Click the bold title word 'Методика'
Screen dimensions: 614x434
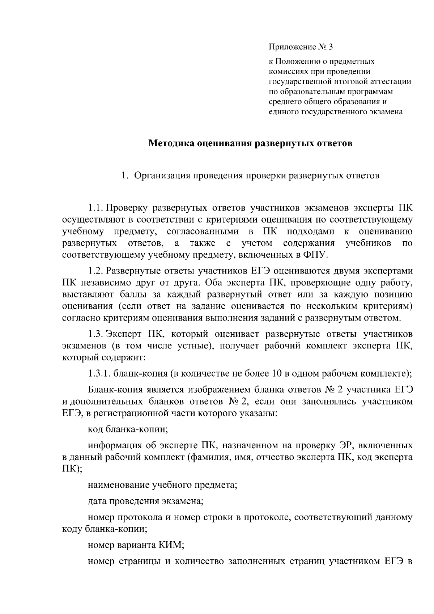pyautogui.click(x=170, y=144)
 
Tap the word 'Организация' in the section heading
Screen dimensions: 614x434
pyautogui.click(x=161, y=176)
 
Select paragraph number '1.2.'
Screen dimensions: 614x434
pyautogui.click(x=96, y=271)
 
